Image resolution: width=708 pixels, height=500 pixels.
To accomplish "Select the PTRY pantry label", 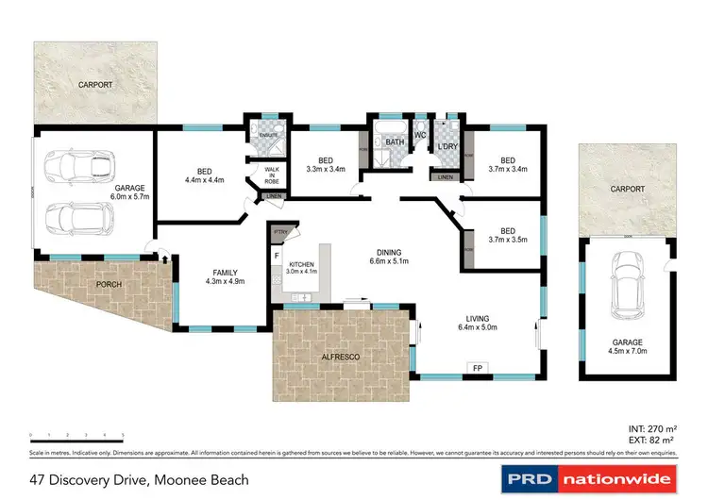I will coord(279,231).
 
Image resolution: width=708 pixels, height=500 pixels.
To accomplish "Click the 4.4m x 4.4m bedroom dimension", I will coord(204,180).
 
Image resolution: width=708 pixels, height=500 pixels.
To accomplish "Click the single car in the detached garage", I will coord(626,285).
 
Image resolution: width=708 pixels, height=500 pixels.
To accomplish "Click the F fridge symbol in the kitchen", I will coord(277,256).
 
